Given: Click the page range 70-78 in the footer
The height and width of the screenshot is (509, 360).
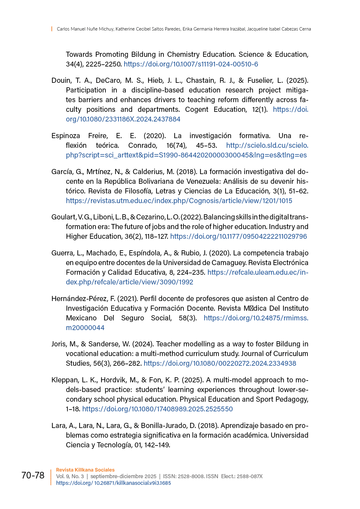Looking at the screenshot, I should pyautogui.click(x=33, y=475).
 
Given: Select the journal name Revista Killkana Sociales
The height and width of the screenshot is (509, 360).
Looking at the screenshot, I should pyautogui.click(x=85, y=470).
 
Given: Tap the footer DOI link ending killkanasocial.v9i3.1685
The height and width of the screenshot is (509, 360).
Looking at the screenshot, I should pyautogui.click(x=113, y=483).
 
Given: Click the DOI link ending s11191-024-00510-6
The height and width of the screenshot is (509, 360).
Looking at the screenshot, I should pyautogui.click(x=191, y=64).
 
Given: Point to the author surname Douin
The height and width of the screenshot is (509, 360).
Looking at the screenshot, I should pyautogui.click(x=61, y=80).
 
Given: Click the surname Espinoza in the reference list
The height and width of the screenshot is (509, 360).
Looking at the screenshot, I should pyautogui.click(x=66, y=136).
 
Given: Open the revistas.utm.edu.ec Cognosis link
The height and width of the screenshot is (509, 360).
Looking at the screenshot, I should pyautogui.click(x=179, y=201).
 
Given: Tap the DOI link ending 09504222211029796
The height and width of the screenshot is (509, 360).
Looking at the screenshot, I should pyautogui.click(x=238, y=236).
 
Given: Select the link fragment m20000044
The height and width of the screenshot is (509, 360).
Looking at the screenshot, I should pyautogui.click(x=85, y=328).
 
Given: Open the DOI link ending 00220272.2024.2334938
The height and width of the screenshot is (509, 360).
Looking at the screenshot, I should pyautogui.click(x=220, y=363).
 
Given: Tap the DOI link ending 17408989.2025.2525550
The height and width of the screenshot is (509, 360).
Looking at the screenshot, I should pyautogui.click(x=157, y=409).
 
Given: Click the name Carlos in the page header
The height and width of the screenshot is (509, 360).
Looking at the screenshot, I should pyautogui.click(x=63, y=29).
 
